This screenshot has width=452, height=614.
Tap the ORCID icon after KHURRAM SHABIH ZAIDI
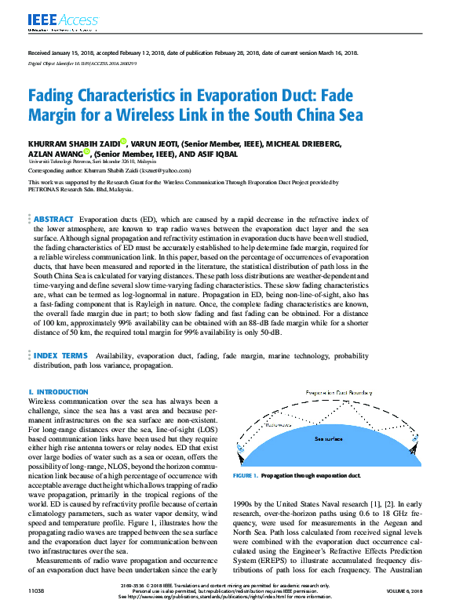tap(124, 141)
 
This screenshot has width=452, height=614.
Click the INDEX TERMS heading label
tap(60, 354)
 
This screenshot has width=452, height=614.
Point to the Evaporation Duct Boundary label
tap(338, 391)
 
